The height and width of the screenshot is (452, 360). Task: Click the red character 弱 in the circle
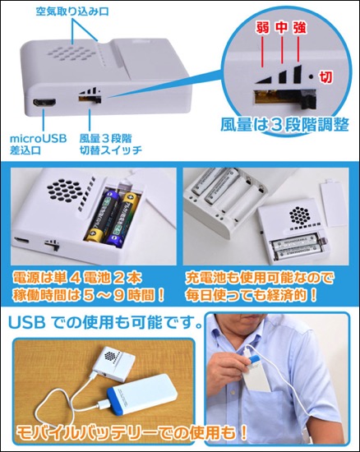[262, 28]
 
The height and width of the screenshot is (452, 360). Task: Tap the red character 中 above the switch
[281, 27]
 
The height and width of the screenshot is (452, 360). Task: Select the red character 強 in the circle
[300, 28]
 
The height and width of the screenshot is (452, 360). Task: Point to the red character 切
[325, 77]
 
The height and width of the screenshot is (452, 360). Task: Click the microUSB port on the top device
[44, 103]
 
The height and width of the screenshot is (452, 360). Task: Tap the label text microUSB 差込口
[38, 145]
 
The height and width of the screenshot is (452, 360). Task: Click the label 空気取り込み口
[72, 12]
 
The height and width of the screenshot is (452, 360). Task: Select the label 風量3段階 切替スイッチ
[111, 145]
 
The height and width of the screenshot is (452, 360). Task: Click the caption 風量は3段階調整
[284, 125]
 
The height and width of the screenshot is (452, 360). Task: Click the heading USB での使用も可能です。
[105, 322]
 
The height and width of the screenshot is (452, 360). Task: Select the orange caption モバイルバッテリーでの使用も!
[132, 432]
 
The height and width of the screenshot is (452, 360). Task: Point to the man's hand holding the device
[228, 369]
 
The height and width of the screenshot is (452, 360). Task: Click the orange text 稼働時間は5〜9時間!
[88, 296]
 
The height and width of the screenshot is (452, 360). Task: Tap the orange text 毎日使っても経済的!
[252, 296]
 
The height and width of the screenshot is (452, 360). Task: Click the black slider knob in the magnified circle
[308, 99]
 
